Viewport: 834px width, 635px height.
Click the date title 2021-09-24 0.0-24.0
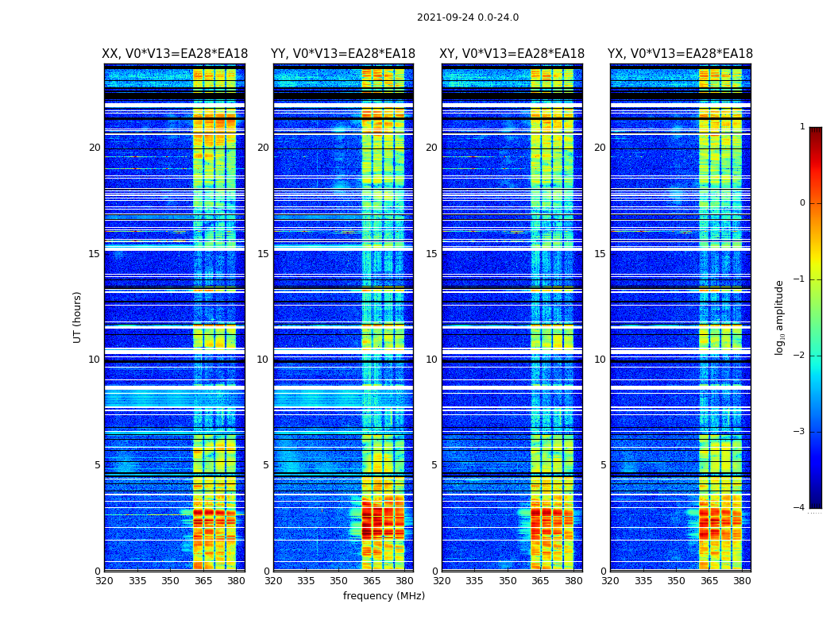pos(468,17)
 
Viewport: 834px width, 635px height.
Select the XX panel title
pos(175,54)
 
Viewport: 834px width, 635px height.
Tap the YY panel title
pos(343,54)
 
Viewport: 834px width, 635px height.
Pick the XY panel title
pos(512,54)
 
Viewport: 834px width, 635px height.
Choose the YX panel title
pos(680,54)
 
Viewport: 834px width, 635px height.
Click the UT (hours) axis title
pos(78,317)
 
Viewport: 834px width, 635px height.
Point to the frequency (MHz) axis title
pos(384,596)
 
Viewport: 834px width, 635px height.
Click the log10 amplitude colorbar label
pos(780,317)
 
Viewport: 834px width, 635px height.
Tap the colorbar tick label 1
pos(802,127)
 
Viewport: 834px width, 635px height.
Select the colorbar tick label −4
pos(800,508)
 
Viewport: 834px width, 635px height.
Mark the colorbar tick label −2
pos(800,356)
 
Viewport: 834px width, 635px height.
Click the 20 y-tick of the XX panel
pos(95,148)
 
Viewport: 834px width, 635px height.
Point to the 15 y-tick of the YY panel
pos(263,254)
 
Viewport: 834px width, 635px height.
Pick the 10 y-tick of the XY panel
pos(431,360)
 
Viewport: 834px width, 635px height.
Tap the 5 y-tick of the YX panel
pos(603,465)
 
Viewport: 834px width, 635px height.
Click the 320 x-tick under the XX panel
pos(104,581)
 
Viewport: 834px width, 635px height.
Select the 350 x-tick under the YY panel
pos(339,581)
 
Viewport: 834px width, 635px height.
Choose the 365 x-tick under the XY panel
pos(540,581)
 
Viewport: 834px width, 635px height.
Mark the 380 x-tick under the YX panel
pos(742,581)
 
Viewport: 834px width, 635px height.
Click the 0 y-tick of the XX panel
pos(98,571)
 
